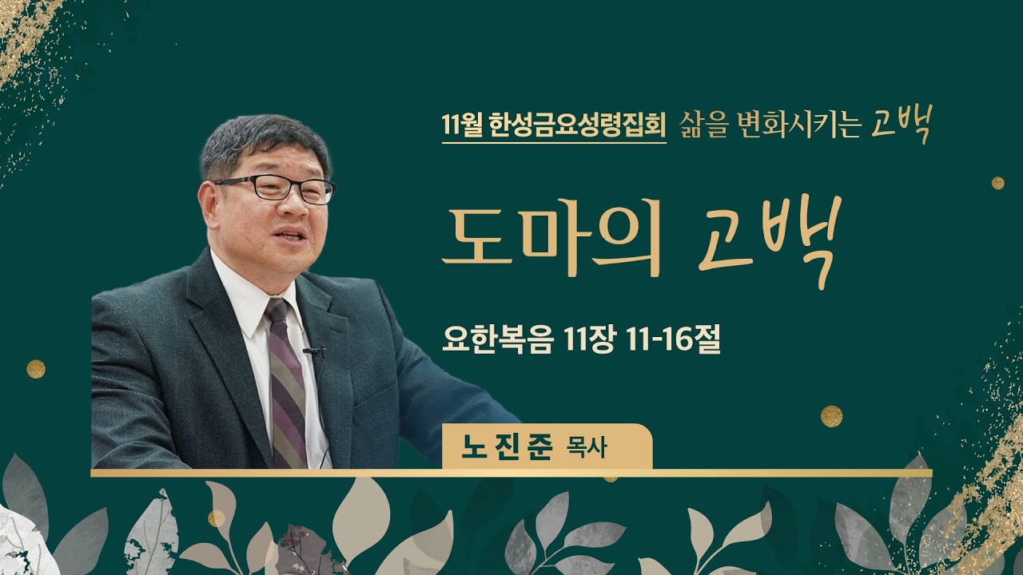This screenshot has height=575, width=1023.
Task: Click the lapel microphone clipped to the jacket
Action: click(314, 351)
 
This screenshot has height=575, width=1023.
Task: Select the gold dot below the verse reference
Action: click(831, 415)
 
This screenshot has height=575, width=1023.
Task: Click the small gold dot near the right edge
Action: click(997, 183)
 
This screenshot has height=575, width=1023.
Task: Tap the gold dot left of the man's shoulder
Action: click(36, 368)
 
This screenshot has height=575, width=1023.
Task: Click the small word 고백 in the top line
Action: click(900, 126)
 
